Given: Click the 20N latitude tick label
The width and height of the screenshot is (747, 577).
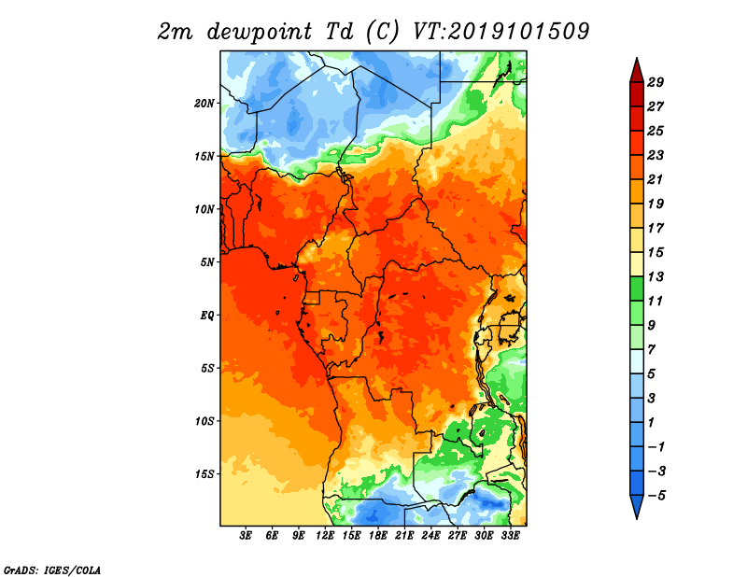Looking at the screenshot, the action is [x=204, y=104].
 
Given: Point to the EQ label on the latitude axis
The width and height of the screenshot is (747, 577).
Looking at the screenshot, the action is [x=207, y=316].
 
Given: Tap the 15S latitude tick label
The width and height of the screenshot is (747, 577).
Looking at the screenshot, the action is [x=204, y=474].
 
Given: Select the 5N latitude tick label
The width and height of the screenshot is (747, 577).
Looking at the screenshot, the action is [x=207, y=262].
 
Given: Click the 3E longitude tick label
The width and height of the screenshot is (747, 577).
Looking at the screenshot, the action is [x=246, y=536].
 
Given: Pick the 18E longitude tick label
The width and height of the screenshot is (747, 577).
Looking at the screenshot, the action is [x=378, y=536].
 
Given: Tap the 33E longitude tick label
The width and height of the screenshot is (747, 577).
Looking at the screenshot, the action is [x=510, y=536].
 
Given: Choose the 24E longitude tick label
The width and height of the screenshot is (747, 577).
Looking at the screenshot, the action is [x=430, y=536].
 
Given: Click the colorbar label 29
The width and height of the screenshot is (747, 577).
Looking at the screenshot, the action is [x=655, y=82].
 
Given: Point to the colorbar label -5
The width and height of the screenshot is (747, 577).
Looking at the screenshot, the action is [x=656, y=496].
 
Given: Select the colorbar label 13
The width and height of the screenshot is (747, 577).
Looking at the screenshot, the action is [x=655, y=276].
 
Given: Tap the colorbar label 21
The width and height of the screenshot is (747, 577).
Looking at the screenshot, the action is [x=655, y=179].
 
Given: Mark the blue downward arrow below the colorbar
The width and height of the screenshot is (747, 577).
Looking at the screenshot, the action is [x=637, y=505].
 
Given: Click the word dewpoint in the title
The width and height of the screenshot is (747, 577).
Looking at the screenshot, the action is [x=260, y=33].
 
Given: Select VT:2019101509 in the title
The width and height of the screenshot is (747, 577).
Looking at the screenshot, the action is [x=500, y=32].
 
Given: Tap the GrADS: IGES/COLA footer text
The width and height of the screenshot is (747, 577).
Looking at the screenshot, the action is [x=52, y=570].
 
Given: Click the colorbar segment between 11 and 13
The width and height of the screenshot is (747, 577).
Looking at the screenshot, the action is [x=637, y=288].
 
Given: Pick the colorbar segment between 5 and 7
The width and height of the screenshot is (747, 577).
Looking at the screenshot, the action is [x=637, y=361].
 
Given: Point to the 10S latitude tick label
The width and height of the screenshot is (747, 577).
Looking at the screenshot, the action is [x=204, y=421].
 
